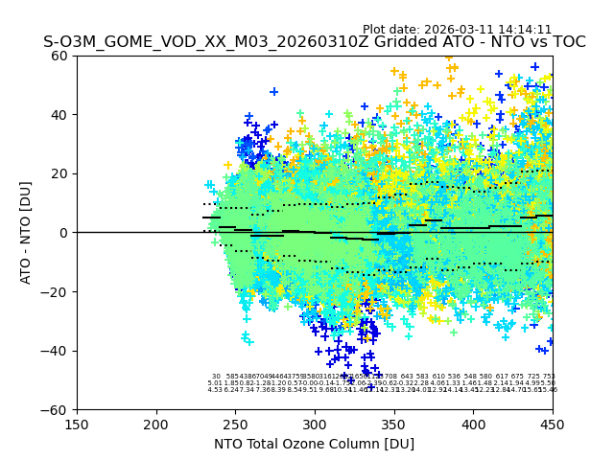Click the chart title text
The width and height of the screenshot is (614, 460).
(314, 42)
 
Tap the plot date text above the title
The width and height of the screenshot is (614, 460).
(457, 30)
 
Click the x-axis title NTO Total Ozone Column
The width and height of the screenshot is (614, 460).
(314, 444)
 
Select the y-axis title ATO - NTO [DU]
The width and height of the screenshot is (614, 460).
(26, 233)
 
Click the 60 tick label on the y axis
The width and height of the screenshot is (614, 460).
(60, 56)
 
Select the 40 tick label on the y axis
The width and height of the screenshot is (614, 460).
(60, 115)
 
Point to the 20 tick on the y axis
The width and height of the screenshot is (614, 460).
(60, 173)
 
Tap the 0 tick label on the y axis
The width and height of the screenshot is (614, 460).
(64, 233)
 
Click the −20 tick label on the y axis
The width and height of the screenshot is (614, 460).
(57, 292)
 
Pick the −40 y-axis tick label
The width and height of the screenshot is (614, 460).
(57, 351)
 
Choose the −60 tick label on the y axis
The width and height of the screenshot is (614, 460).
(57, 410)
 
